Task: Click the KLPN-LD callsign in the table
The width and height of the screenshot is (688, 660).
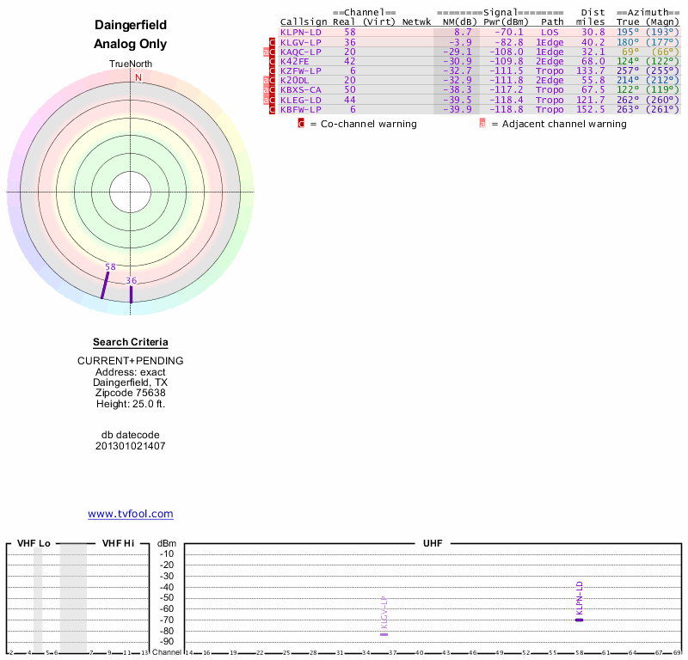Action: click(301, 32)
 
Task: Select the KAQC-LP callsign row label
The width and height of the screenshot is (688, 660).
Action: click(301, 52)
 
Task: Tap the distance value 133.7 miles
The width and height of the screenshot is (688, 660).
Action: click(591, 70)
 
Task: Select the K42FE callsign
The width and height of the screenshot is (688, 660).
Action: click(294, 61)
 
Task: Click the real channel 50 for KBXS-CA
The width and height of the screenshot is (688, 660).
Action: click(350, 90)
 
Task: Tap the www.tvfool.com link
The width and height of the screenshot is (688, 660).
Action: click(131, 514)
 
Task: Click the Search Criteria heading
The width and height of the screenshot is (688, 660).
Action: click(131, 342)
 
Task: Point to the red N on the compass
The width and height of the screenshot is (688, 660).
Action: click(138, 77)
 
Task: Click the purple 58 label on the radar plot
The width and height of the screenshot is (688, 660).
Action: click(110, 267)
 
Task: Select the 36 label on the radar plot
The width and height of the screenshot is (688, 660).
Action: click(131, 281)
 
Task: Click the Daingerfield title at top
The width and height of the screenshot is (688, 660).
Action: click(131, 26)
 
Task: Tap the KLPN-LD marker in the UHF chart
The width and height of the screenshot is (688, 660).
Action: click(579, 619)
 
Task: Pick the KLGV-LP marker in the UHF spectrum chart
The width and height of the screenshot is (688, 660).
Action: click(384, 633)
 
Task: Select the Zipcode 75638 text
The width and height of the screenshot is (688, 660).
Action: click(131, 393)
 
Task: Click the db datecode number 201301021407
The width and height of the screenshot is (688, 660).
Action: click(131, 446)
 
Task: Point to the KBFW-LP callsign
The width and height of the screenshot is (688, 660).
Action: click(301, 109)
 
